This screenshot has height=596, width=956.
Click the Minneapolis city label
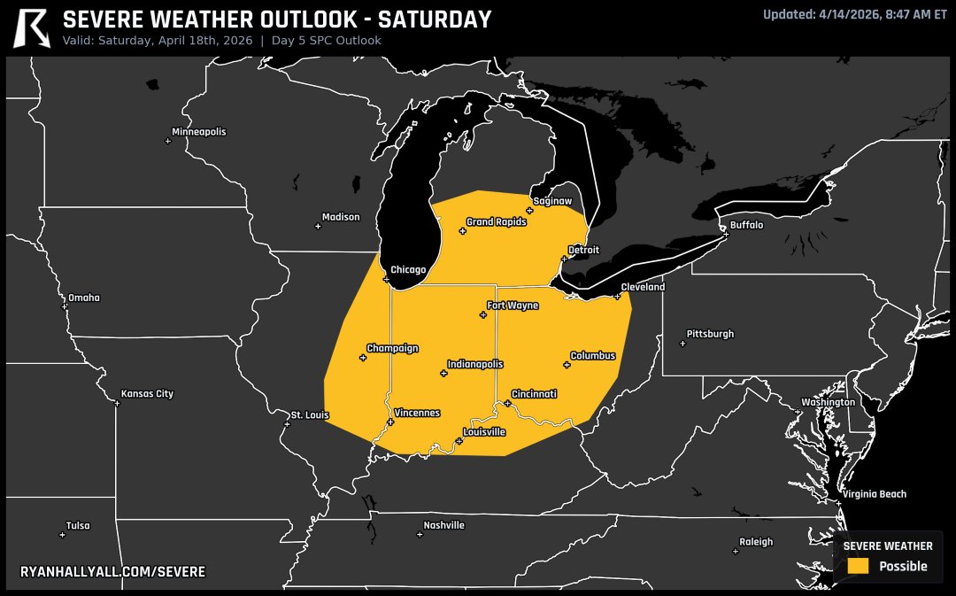click(x=199, y=132)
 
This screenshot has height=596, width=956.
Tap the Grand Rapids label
click(x=497, y=222)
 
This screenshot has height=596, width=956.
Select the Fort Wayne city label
click(x=513, y=306)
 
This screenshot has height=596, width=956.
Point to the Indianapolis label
click(x=475, y=364)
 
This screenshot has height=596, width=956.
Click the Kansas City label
click(x=148, y=394)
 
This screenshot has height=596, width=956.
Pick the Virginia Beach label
click(x=875, y=494)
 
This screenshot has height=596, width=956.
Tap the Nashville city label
click(x=444, y=525)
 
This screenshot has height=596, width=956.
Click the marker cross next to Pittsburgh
click(x=682, y=344)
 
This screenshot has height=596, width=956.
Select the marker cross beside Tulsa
click(x=62, y=534)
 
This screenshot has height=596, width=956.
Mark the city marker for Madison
click(x=318, y=226)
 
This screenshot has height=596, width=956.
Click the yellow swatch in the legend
click(x=857, y=566)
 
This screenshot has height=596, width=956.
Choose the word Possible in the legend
click(x=903, y=567)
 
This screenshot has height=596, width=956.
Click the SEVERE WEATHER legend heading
click(x=887, y=546)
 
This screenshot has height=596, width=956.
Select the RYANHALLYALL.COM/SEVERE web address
click(x=112, y=572)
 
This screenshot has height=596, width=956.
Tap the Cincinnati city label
click(x=535, y=394)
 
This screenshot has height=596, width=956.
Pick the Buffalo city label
click(x=746, y=225)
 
